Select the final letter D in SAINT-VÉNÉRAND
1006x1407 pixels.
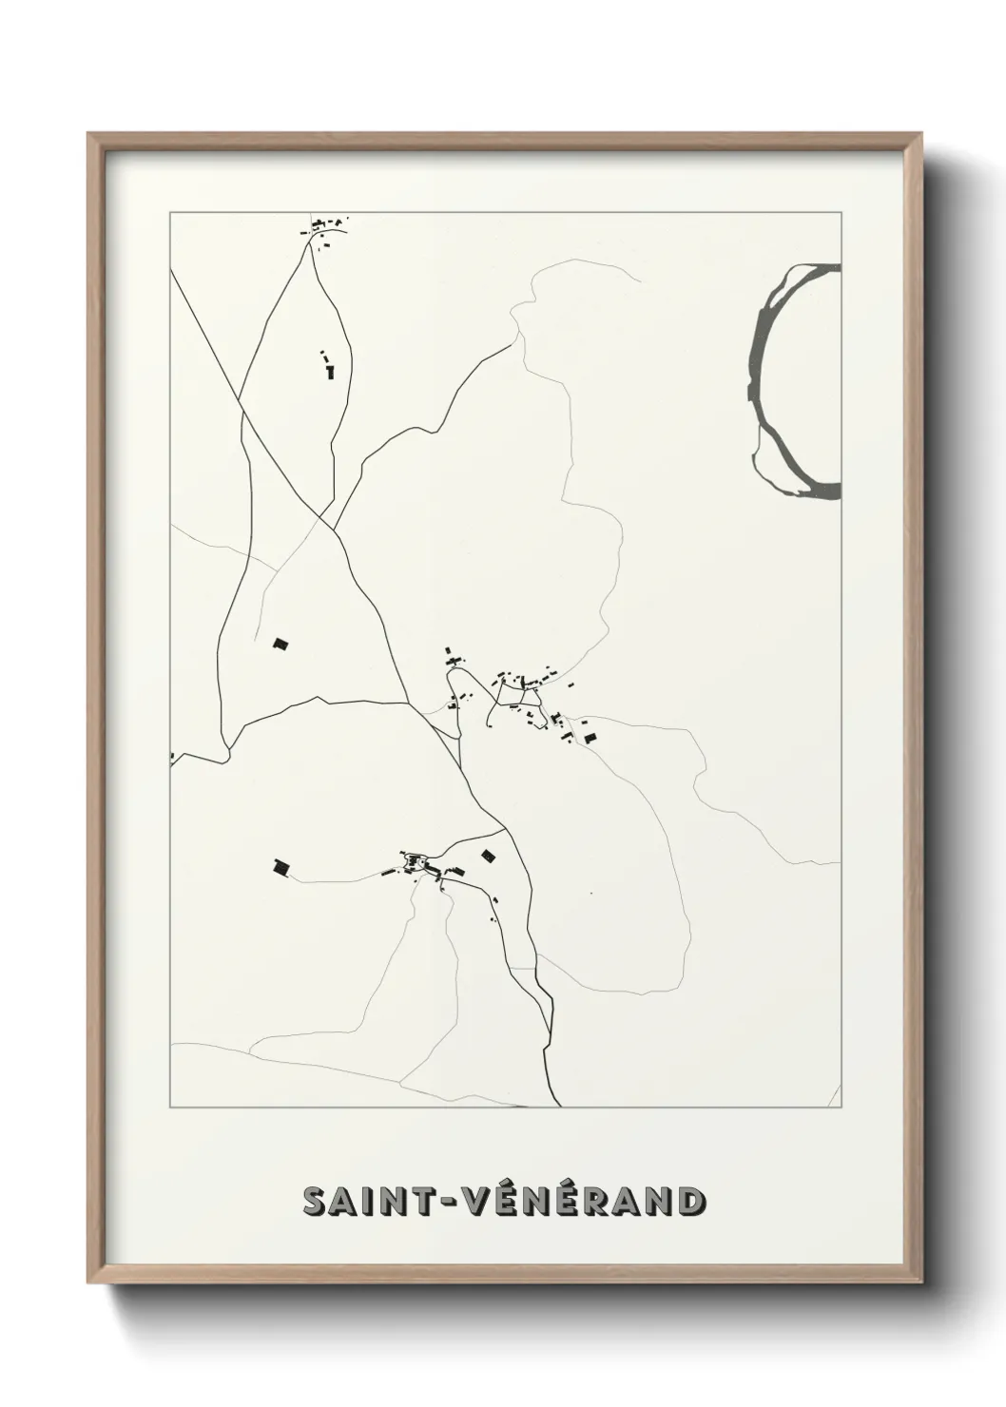(691, 1202)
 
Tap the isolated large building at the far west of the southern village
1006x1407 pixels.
(281, 867)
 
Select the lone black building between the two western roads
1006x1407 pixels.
(281, 644)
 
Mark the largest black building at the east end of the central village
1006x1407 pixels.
(590, 737)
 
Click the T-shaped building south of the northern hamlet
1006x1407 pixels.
(330, 371)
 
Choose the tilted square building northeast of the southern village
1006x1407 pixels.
(489, 856)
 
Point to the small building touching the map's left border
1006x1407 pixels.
(172, 757)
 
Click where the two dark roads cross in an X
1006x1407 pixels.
(326, 520)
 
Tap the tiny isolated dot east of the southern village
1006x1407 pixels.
(590, 893)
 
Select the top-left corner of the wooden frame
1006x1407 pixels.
(88, 134)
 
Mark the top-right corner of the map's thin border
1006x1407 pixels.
(841, 212)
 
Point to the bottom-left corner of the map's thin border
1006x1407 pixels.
(170, 1108)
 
